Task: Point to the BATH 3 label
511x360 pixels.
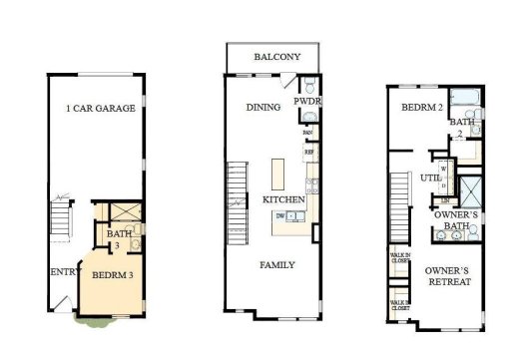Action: tap(115, 238)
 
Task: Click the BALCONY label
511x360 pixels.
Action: tap(276, 57)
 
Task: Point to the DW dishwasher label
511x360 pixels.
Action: tap(280, 215)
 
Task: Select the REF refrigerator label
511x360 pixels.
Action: tap(309, 153)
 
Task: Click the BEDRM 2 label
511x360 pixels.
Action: tap(422, 107)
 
